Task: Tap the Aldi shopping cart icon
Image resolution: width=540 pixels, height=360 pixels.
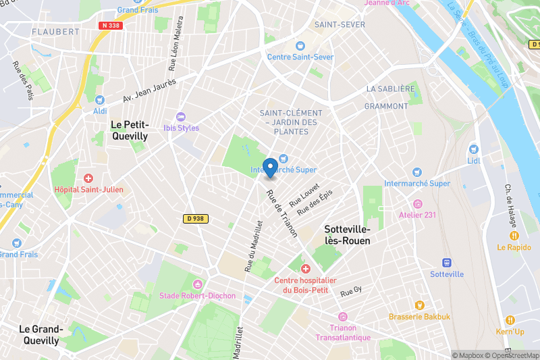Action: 100,99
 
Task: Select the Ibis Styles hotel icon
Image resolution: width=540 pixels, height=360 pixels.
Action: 180,117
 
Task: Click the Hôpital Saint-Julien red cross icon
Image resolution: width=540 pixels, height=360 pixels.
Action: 88,178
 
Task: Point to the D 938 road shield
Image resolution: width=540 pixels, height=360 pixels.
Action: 196,219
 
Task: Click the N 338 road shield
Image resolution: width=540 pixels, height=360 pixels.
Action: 111,26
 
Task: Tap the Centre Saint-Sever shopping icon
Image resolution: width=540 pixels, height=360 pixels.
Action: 300,46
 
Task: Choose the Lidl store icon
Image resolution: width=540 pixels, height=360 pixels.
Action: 473,149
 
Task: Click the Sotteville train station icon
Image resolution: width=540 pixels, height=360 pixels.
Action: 446,263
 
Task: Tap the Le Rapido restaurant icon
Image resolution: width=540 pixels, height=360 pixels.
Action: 514,236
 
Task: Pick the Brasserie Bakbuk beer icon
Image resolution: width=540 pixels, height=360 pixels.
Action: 418,305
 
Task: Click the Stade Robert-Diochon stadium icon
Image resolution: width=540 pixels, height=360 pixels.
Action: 197,284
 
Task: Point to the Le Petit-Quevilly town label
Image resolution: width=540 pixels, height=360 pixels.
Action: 129,130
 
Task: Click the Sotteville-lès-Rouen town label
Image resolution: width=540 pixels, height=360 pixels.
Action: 347,235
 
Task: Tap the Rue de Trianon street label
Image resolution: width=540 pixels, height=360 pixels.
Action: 281,213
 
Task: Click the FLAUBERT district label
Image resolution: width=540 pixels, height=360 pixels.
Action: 55,31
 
